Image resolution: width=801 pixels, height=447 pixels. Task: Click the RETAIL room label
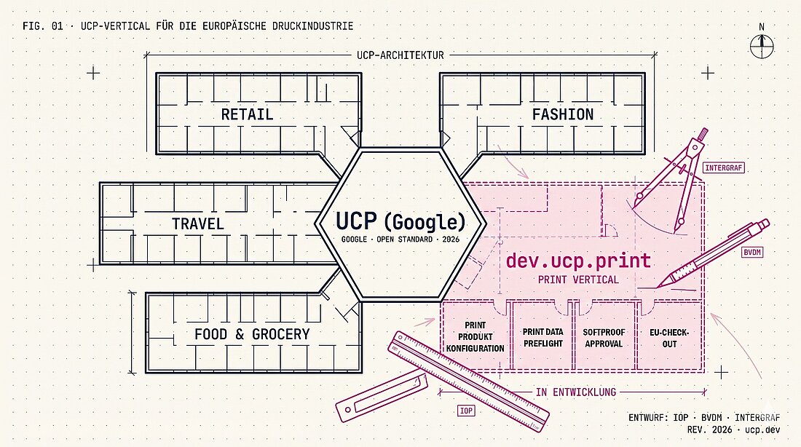(248, 114)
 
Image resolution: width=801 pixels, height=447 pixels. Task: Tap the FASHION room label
(563, 114)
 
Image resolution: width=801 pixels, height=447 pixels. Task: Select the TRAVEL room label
(197, 223)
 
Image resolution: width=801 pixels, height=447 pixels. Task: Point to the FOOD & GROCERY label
(253, 334)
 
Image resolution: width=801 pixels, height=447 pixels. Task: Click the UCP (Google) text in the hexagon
(400, 221)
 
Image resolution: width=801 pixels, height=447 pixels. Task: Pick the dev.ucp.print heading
(578, 261)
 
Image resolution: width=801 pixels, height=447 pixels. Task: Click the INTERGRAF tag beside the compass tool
(724, 167)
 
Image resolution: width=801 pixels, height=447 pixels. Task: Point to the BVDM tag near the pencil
(752, 253)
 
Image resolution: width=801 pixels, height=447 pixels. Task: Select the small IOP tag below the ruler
(466, 411)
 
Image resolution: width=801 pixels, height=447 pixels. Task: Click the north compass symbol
(762, 43)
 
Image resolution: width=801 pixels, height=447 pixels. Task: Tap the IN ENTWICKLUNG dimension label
(576, 392)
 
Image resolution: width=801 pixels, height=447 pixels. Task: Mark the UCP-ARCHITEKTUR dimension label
(400, 55)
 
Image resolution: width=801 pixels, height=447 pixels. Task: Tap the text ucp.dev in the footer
(762, 430)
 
